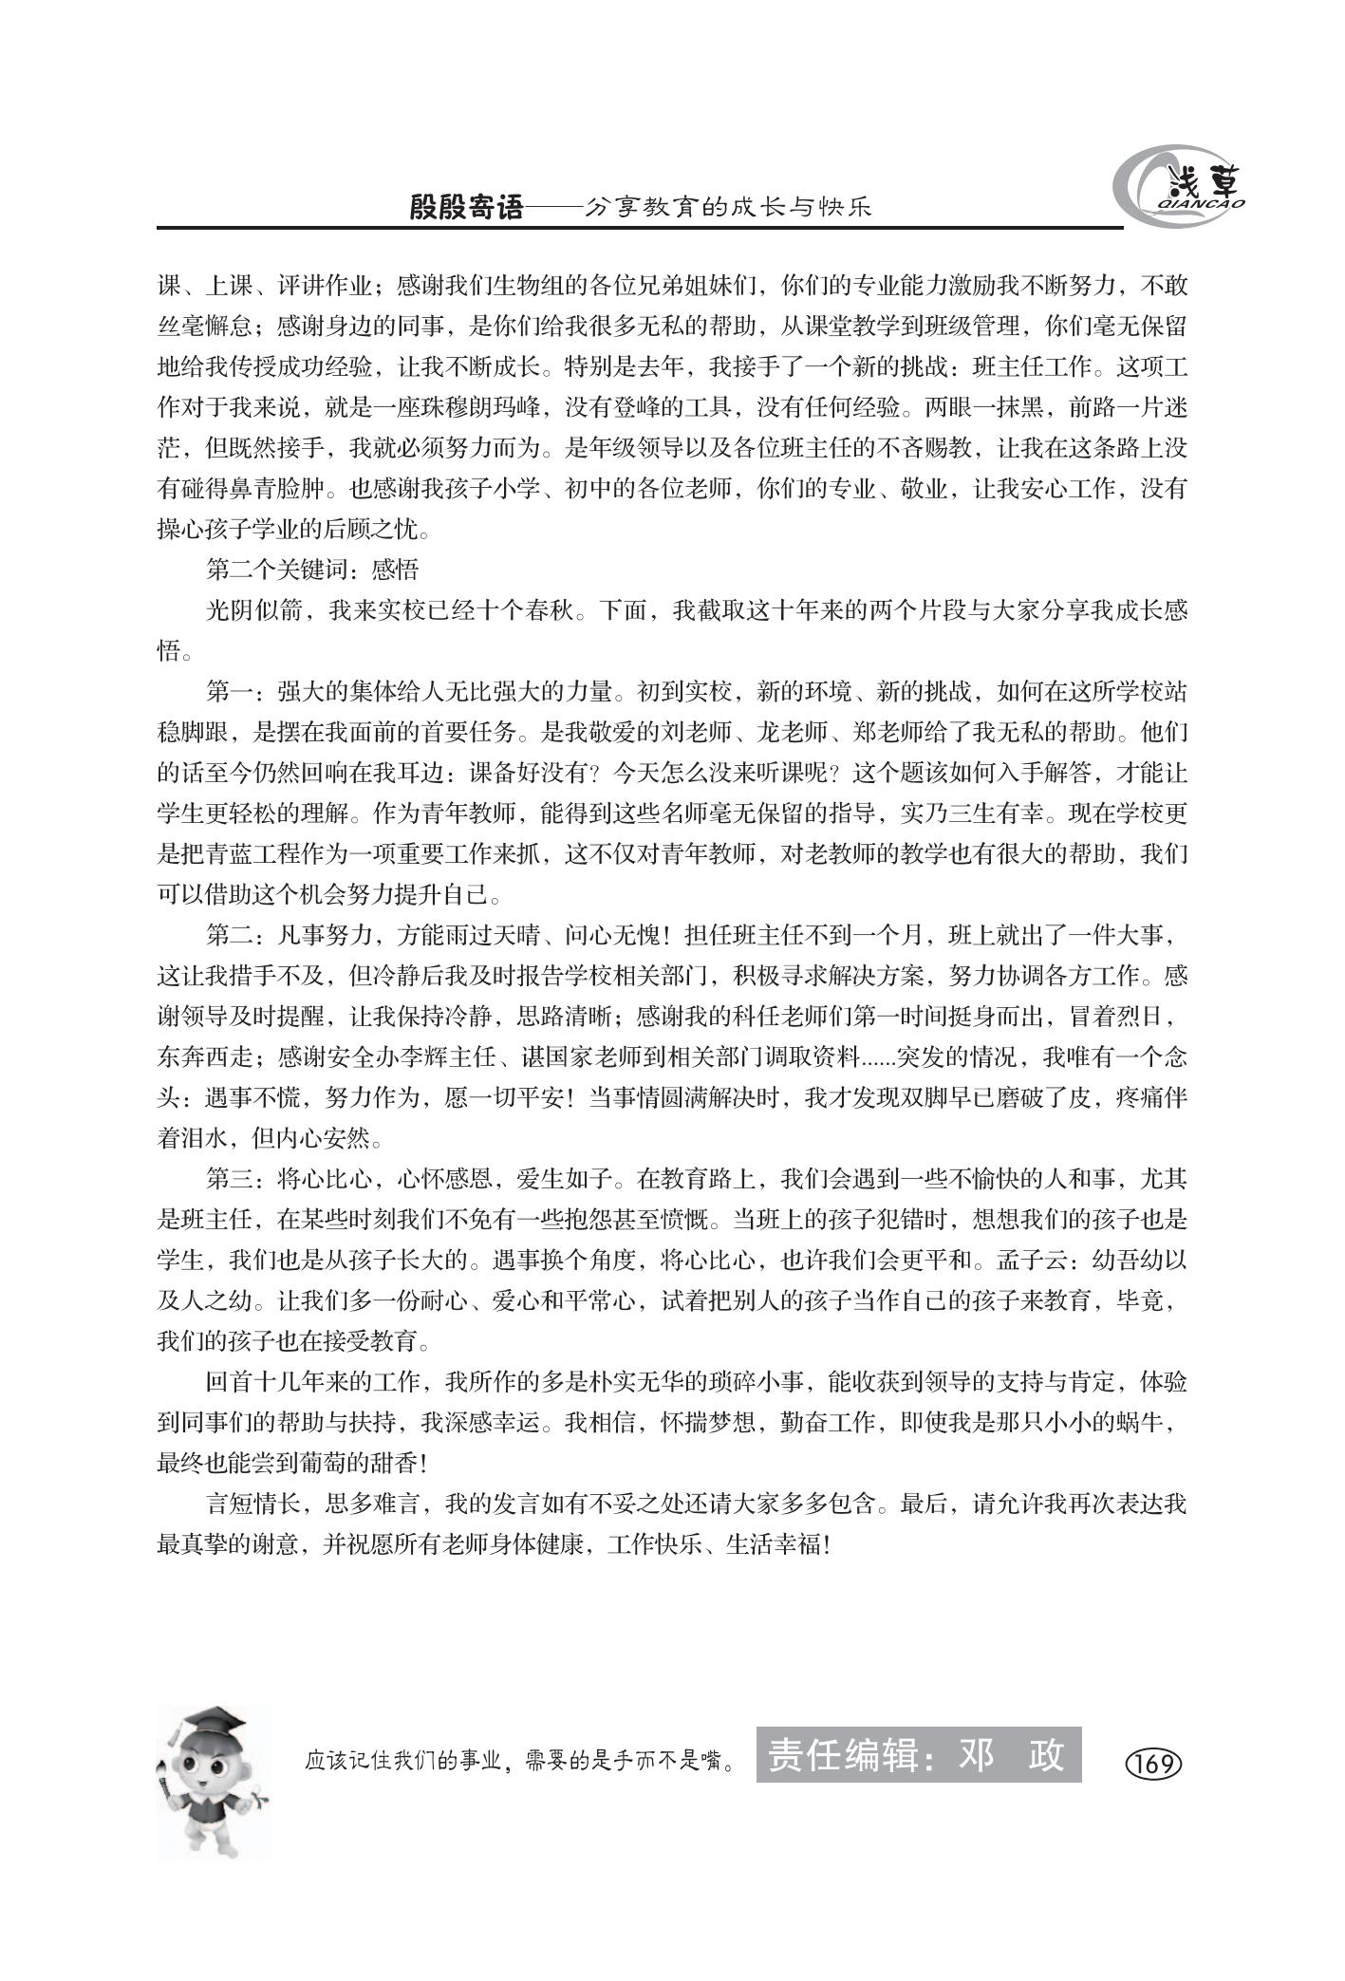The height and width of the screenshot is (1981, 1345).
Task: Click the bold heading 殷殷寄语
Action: [x=466, y=207]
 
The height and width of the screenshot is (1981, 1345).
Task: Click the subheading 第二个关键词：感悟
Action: [x=312, y=570]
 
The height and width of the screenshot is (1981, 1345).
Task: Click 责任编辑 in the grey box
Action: [x=842, y=1755]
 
